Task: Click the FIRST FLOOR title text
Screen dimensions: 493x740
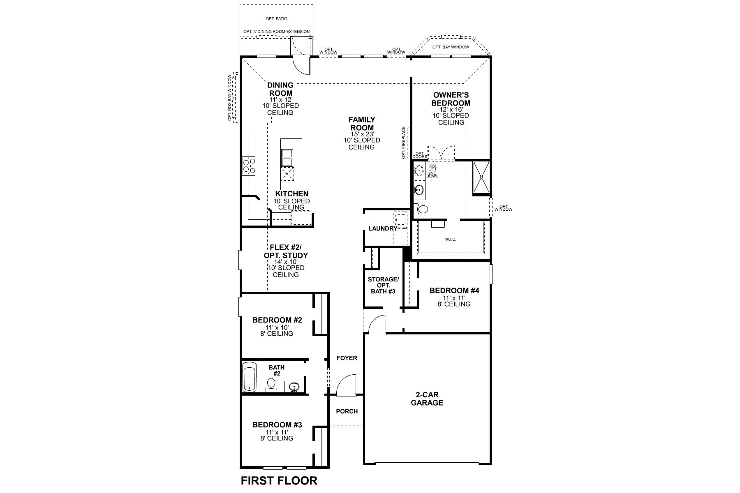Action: pos(279,480)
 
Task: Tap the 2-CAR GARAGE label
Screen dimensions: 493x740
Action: pos(427,399)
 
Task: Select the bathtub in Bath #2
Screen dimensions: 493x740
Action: pos(249,377)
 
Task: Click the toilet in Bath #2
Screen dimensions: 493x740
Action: pos(271,385)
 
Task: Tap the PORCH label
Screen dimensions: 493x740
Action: pos(347,411)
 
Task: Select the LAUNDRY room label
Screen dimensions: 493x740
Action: pos(382,228)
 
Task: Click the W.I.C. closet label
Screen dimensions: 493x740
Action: pos(450,239)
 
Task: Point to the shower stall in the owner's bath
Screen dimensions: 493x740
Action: pos(481,177)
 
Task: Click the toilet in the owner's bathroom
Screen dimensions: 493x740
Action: pos(421,209)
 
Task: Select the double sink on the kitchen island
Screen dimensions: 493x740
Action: pos(287,157)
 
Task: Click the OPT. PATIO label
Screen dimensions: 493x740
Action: pos(276,19)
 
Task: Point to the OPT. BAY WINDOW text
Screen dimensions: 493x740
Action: pos(450,47)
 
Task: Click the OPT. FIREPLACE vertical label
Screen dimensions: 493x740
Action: pos(404,143)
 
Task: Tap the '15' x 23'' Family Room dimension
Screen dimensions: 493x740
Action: pos(362,134)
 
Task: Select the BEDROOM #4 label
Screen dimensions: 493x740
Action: pos(454,290)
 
